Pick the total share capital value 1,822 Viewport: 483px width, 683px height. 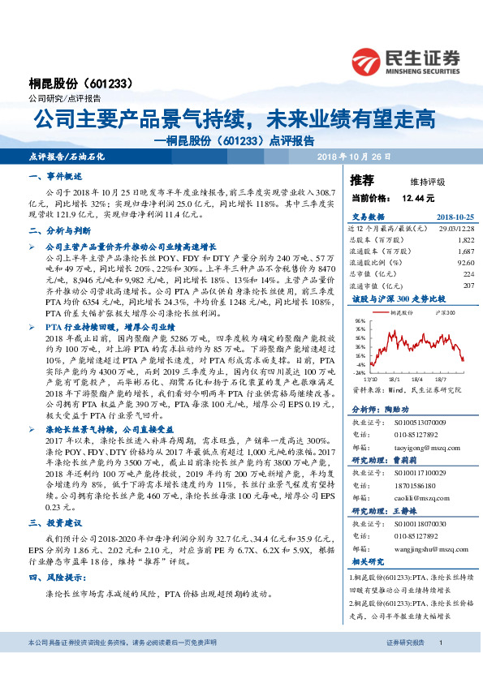click(x=465, y=240)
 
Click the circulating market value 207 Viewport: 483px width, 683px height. click(x=468, y=285)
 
